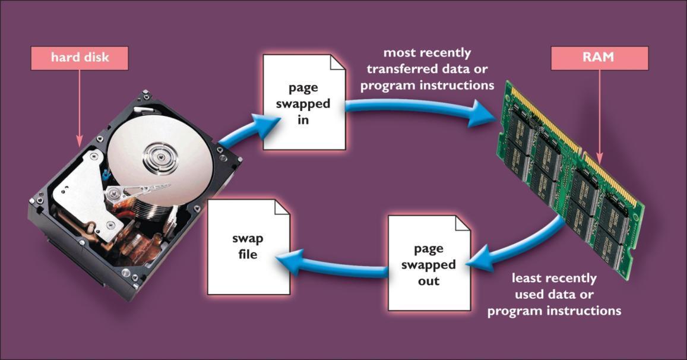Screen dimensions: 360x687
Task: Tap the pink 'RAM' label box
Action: click(x=600, y=58)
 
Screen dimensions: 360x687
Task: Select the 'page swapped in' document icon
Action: click(x=304, y=102)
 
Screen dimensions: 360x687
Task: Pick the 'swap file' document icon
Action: click(x=248, y=246)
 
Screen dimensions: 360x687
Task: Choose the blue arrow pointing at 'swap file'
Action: click(x=333, y=267)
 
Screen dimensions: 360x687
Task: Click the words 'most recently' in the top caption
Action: click(x=427, y=53)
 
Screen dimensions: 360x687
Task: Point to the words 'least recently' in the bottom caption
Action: click(x=553, y=278)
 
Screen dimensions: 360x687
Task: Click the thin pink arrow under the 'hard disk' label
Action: click(x=78, y=107)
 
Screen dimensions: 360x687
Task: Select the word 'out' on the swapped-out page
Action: click(x=428, y=280)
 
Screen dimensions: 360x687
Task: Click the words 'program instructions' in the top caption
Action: click(x=428, y=85)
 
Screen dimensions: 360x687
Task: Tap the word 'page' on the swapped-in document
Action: click(x=303, y=87)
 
